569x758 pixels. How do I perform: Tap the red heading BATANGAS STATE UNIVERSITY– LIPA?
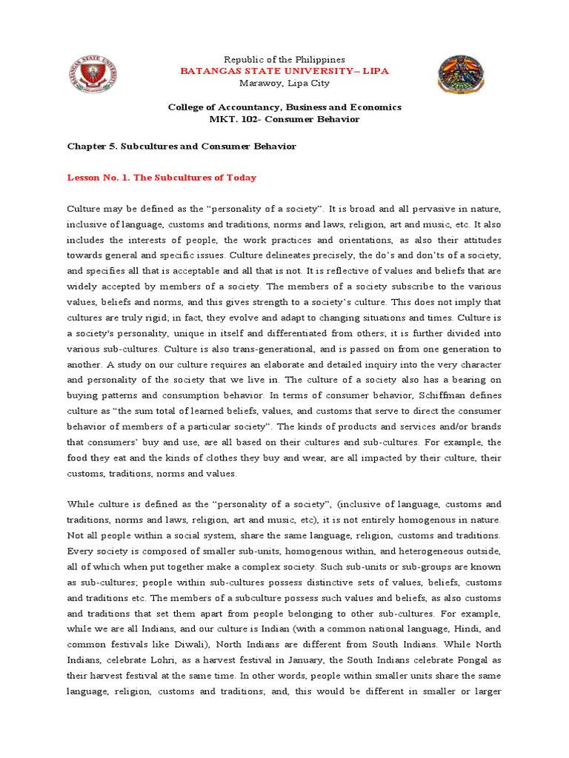click(x=284, y=71)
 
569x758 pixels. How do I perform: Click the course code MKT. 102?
click(x=232, y=119)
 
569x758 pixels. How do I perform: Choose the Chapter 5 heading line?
click(x=182, y=147)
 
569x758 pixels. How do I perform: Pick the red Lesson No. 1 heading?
click(x=162, y=178)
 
